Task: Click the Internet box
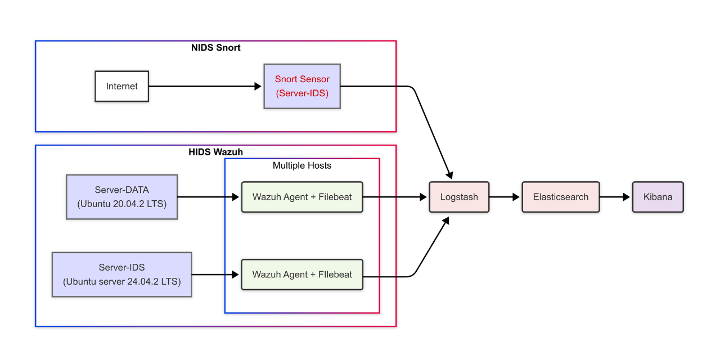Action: tap(121, 86)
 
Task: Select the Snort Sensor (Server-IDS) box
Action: tap(302, 86)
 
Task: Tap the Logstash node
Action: tap(459, 197)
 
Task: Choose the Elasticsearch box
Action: tap(560, 197)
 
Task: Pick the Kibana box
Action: tap(658, 197)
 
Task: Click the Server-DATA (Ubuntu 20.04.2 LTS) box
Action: tap(122, 197)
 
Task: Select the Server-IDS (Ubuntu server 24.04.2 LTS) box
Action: tap(122, 274)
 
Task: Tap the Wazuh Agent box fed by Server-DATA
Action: tap(302, 197)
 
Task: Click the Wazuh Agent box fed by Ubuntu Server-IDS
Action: tap(302, 274)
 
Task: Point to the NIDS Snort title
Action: tap(216, 48)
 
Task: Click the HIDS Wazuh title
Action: tap(216, 152)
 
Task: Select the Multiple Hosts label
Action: tap(302, 165)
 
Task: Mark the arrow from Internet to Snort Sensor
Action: tap(205, 86)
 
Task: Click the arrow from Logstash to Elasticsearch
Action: tap(505, 197)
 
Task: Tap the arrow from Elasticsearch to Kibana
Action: tap(615, 197)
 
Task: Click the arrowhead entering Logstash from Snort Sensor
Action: tap(449, 173)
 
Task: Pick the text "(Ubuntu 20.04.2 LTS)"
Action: tap(122, 204)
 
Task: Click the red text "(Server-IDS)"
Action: tap(302, 93)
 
